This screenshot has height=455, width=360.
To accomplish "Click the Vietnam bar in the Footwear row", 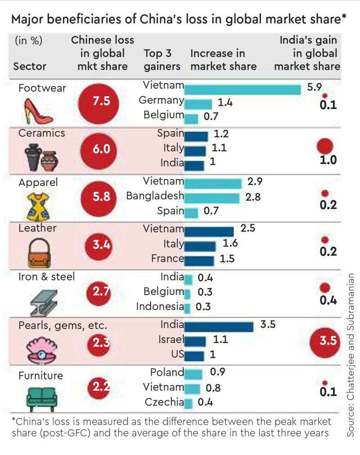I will pyautogui.click(x=243, y=90).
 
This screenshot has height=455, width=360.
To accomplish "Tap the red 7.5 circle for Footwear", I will pyautogui.click(x=101, y=101).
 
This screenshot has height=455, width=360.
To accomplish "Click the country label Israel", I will pyautogui.click(x=171, y=339).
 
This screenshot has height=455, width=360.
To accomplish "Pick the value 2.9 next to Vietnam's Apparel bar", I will pyautogui.click(x=255, y=182).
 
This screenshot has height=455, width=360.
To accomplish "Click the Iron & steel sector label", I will pyautogui.click(x=46, y=276).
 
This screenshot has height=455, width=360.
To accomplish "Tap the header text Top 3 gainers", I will pyautogui.click(x=162, y=60).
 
